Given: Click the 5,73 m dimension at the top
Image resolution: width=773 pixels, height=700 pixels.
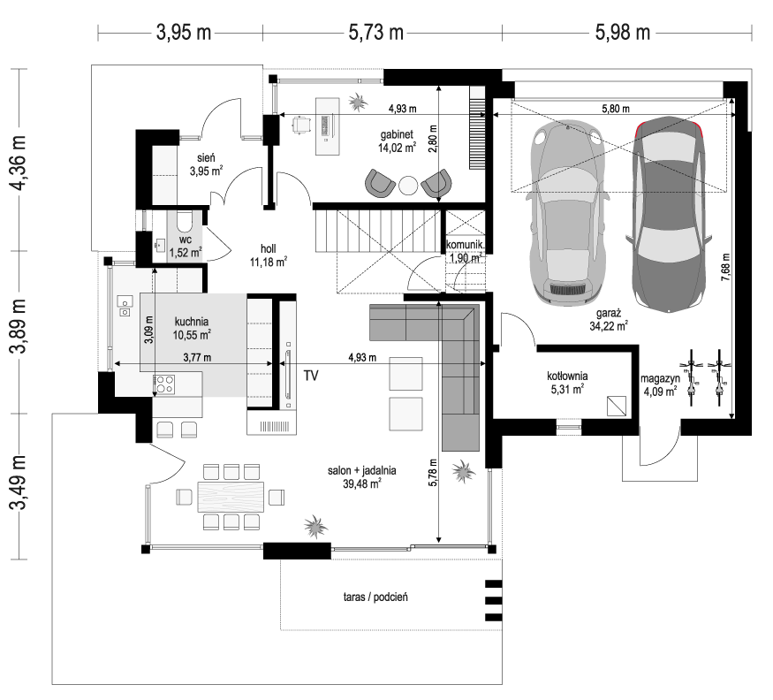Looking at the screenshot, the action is click(376, 33).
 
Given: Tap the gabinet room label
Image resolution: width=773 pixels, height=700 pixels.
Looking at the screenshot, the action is click(397, 134).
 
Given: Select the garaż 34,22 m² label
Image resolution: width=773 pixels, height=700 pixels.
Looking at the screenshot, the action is click(609, 319).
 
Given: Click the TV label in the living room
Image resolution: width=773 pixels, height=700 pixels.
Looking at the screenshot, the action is click(311, 376).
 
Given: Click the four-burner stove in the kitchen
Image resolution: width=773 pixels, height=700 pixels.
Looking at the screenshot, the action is click(164, 384).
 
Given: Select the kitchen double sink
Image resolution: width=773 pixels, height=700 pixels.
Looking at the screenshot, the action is click(125, 306).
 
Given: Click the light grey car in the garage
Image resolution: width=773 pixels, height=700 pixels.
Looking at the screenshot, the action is click(567, 213).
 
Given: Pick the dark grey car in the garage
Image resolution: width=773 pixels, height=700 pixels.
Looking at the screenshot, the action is click(669, 215).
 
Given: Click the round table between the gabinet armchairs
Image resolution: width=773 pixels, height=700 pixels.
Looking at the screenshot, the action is click(408, 186).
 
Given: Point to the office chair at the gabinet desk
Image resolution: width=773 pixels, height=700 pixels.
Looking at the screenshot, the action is click(301, 126).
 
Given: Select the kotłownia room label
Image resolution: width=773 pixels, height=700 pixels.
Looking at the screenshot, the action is click(567, 376).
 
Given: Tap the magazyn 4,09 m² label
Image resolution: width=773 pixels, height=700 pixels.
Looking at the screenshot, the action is click(660, 385).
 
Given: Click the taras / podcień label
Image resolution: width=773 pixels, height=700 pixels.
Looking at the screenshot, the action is click(375, 597).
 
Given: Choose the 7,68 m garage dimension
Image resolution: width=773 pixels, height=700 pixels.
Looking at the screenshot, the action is click(725, 267).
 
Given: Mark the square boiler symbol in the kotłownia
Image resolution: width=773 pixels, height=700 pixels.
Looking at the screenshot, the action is click(617, 406).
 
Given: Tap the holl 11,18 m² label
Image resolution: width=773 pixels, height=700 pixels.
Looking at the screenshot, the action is click(269, 255).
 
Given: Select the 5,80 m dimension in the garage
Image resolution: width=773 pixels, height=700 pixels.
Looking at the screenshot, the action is click(615, 109).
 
